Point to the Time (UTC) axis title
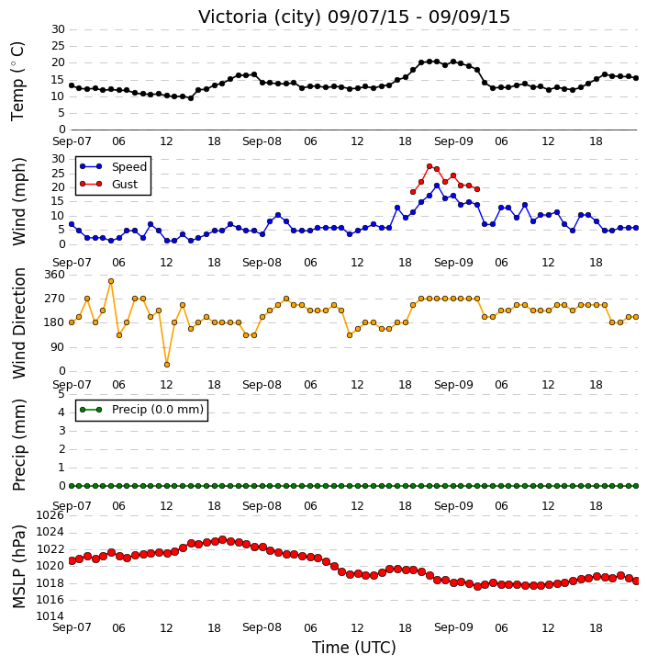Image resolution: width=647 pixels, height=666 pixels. click(x=354, y=648)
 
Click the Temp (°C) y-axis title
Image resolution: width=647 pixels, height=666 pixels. click(x=17, y=81)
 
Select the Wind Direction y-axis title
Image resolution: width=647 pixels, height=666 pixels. click(x=18, y=323)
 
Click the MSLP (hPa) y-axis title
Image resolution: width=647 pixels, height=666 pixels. click(x=18, y=567)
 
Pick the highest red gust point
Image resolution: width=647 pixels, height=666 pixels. click(x=429, y=166)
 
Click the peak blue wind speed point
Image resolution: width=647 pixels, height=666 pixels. click(x=437, y=186)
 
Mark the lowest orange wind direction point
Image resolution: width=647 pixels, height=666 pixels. click(x=167, y=365)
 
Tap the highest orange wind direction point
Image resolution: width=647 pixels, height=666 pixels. click(x=111, y=281)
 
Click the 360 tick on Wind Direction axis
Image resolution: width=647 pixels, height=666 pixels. click(x=55, y=275)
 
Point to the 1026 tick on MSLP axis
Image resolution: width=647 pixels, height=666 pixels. click(x=50, y=515)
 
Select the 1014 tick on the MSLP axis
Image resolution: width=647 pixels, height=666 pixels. click(x=50, y=616)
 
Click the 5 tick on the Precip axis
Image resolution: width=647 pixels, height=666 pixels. click(x=61, y=394)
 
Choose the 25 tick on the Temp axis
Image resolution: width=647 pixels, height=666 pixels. click(x=58, y=46)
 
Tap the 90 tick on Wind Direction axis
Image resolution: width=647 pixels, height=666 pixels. click(x=58, y=347)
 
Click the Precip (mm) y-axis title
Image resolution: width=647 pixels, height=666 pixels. click(x=18, y=445)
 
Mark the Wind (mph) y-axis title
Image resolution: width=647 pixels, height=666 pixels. click(x=18, y=201)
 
